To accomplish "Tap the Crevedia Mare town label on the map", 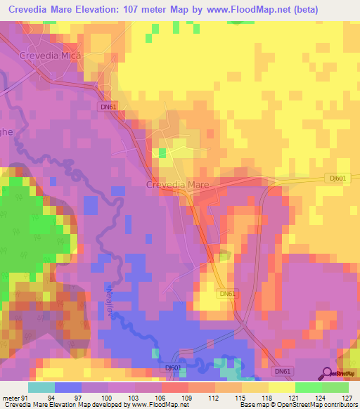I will coord(178,185).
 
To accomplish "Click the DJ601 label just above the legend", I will coord(173,368).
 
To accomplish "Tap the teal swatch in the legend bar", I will coord(41,387).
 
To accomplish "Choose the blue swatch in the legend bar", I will coord(67,387).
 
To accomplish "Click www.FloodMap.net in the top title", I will coord(248,10).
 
